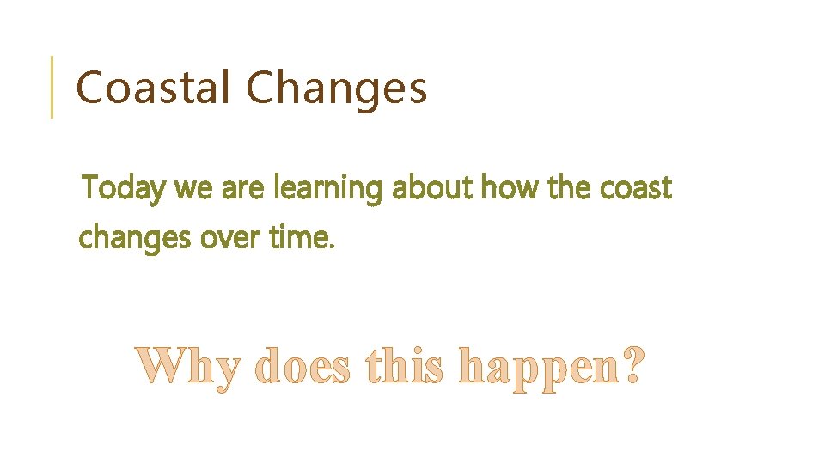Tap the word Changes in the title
[x=336, y=89]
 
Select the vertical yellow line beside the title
[x=52, y=87]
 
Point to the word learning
[x=327, y=189]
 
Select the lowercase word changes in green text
[x=135, y=238]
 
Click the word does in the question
[x=303, y=367]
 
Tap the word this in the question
[x=404, y=367]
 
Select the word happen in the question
[x=537, y=369]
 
